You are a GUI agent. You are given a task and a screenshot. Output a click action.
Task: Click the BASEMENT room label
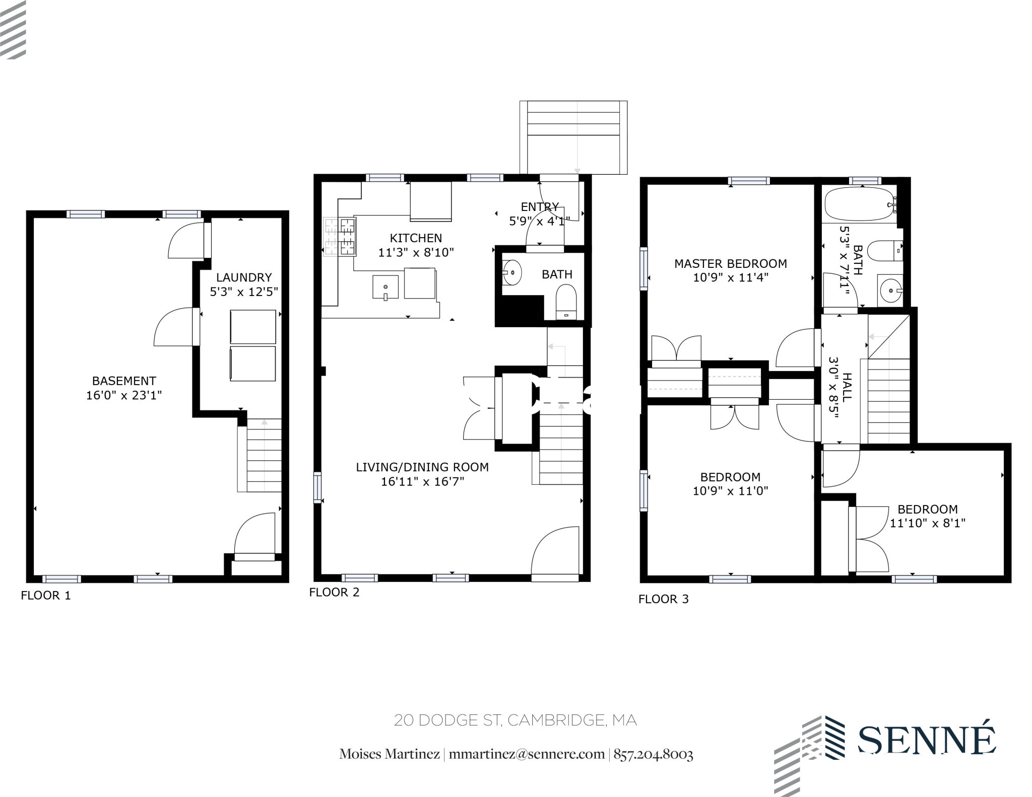tap(124, 381)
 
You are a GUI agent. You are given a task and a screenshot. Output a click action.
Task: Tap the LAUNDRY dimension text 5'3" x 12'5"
tap(244, 292)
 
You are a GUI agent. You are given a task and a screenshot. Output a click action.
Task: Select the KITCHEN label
tap(416, 238)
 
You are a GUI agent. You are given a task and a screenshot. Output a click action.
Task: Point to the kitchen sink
tap(385, 287)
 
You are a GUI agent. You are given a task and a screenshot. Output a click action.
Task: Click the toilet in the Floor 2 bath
tap(566, 301)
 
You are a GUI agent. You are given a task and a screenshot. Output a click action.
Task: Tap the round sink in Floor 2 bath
tap(512, 273)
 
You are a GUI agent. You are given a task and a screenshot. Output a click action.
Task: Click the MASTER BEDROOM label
tap(731, 263)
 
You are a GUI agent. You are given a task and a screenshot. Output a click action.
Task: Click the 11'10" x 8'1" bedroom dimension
tap(927, 523)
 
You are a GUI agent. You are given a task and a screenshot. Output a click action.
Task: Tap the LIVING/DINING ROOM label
tap(422, 467)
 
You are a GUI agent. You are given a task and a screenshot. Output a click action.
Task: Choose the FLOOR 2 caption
tap(334, 592)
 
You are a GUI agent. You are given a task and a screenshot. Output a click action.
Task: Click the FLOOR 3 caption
tap(663, 599)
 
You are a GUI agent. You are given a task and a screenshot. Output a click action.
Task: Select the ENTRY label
tap(540, 207)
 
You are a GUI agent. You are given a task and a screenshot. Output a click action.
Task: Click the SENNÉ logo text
tap(926, 740)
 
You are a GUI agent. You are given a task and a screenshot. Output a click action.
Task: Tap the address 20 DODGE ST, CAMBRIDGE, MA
tap(515, 720)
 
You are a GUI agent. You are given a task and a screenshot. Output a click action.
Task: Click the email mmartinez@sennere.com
tap(527, 754)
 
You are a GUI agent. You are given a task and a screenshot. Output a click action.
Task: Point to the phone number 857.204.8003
tap(653, 754)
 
